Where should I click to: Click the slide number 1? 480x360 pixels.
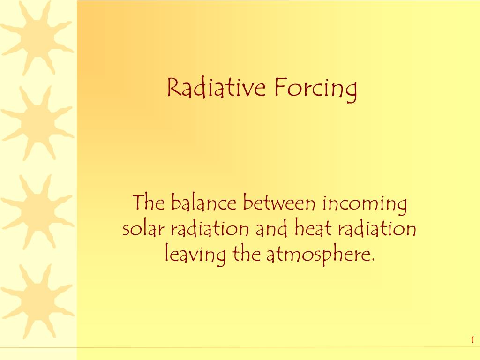pyautogui.click(x=473, y=340)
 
